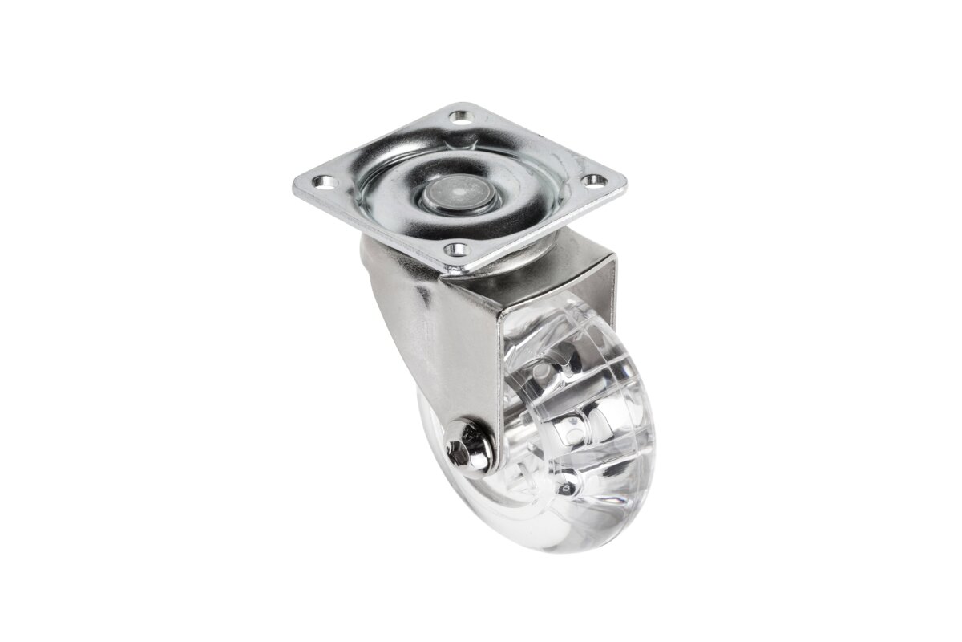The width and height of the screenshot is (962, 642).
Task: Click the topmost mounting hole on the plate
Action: click(x=459, y=117)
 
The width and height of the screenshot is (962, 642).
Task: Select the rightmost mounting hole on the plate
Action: click(x=593, y=181)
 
